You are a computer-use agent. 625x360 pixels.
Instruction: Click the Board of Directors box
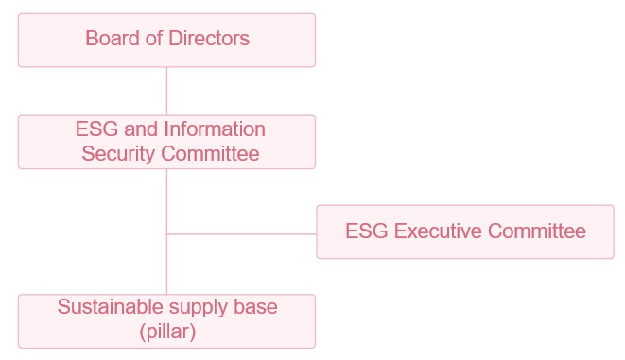coord(166,41)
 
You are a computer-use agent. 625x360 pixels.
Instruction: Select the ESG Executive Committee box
coord(465,231)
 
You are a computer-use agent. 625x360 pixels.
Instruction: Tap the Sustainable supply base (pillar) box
coord(166,321)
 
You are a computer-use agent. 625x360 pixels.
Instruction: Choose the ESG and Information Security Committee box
coord(166,142)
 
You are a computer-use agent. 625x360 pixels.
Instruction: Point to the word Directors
coord(209,39)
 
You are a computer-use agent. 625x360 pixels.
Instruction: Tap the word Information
coord(215,129)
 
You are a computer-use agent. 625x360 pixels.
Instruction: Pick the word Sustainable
coord(110,307)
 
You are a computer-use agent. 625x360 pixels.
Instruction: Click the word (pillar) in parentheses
coord(167,332)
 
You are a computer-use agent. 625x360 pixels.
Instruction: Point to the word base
coord(255,307)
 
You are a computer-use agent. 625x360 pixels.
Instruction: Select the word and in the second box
coord(141,129)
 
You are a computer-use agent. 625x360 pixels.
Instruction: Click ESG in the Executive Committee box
coord(367,231)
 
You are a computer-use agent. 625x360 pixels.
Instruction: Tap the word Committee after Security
coord(210,153)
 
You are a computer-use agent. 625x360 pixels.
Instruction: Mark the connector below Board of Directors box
coord(166,92)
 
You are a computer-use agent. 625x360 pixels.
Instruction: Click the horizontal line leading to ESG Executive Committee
coord(241,234)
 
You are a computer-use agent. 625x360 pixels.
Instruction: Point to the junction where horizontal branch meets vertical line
coord(166,234)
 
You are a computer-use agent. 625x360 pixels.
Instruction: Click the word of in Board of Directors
coord(154,39)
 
